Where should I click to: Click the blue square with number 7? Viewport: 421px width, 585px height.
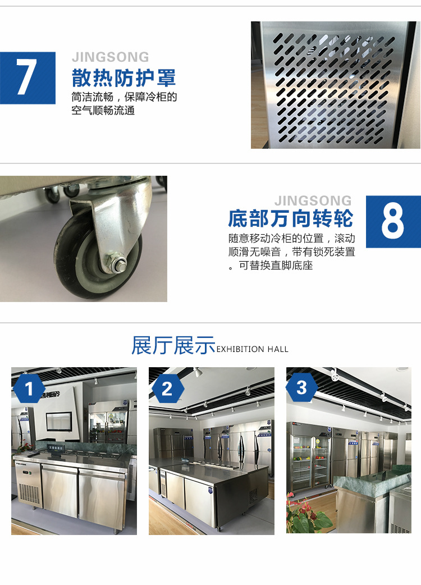coord(28,78)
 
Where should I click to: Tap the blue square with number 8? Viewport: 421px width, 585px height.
coord(393,222)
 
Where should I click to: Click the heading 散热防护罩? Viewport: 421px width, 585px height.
coord(123,78)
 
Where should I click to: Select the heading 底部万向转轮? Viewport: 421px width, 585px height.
coord(290,218)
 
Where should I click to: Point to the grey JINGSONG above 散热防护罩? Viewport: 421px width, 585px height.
coord(111,57)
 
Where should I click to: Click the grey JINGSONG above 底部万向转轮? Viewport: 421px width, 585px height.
coord(313,201)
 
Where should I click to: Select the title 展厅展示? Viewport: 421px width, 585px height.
coord(173,345)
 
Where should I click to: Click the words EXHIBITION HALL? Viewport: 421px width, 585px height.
coord(253,349)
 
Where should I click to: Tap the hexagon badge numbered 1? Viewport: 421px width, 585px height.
coord(29,389)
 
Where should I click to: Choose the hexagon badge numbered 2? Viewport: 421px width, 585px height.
coord(167,389)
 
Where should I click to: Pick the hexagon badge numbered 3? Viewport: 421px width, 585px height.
coord(301,387)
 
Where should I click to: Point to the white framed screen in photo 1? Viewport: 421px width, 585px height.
coord(58,421)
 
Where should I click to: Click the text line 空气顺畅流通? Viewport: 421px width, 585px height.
coord(103,111)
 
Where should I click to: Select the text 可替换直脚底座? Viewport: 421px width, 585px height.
coord(276,265)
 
